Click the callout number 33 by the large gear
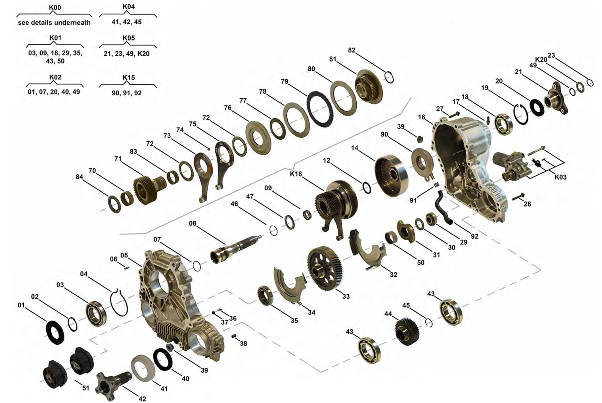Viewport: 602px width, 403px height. coord(346,296)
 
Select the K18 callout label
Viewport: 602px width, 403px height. coord(296,174)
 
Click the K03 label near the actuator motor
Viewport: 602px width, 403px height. coord(560,177)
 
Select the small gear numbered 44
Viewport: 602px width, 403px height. coord(407,331)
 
